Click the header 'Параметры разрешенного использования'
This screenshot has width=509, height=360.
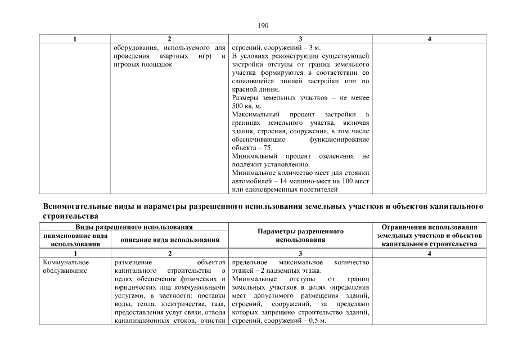(x=300, y=236)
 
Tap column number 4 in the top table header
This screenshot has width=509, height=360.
(x=429, y=39)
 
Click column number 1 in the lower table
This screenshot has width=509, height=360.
(x=75, y=254)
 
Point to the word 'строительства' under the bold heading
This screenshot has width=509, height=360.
(x=70, y=215)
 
